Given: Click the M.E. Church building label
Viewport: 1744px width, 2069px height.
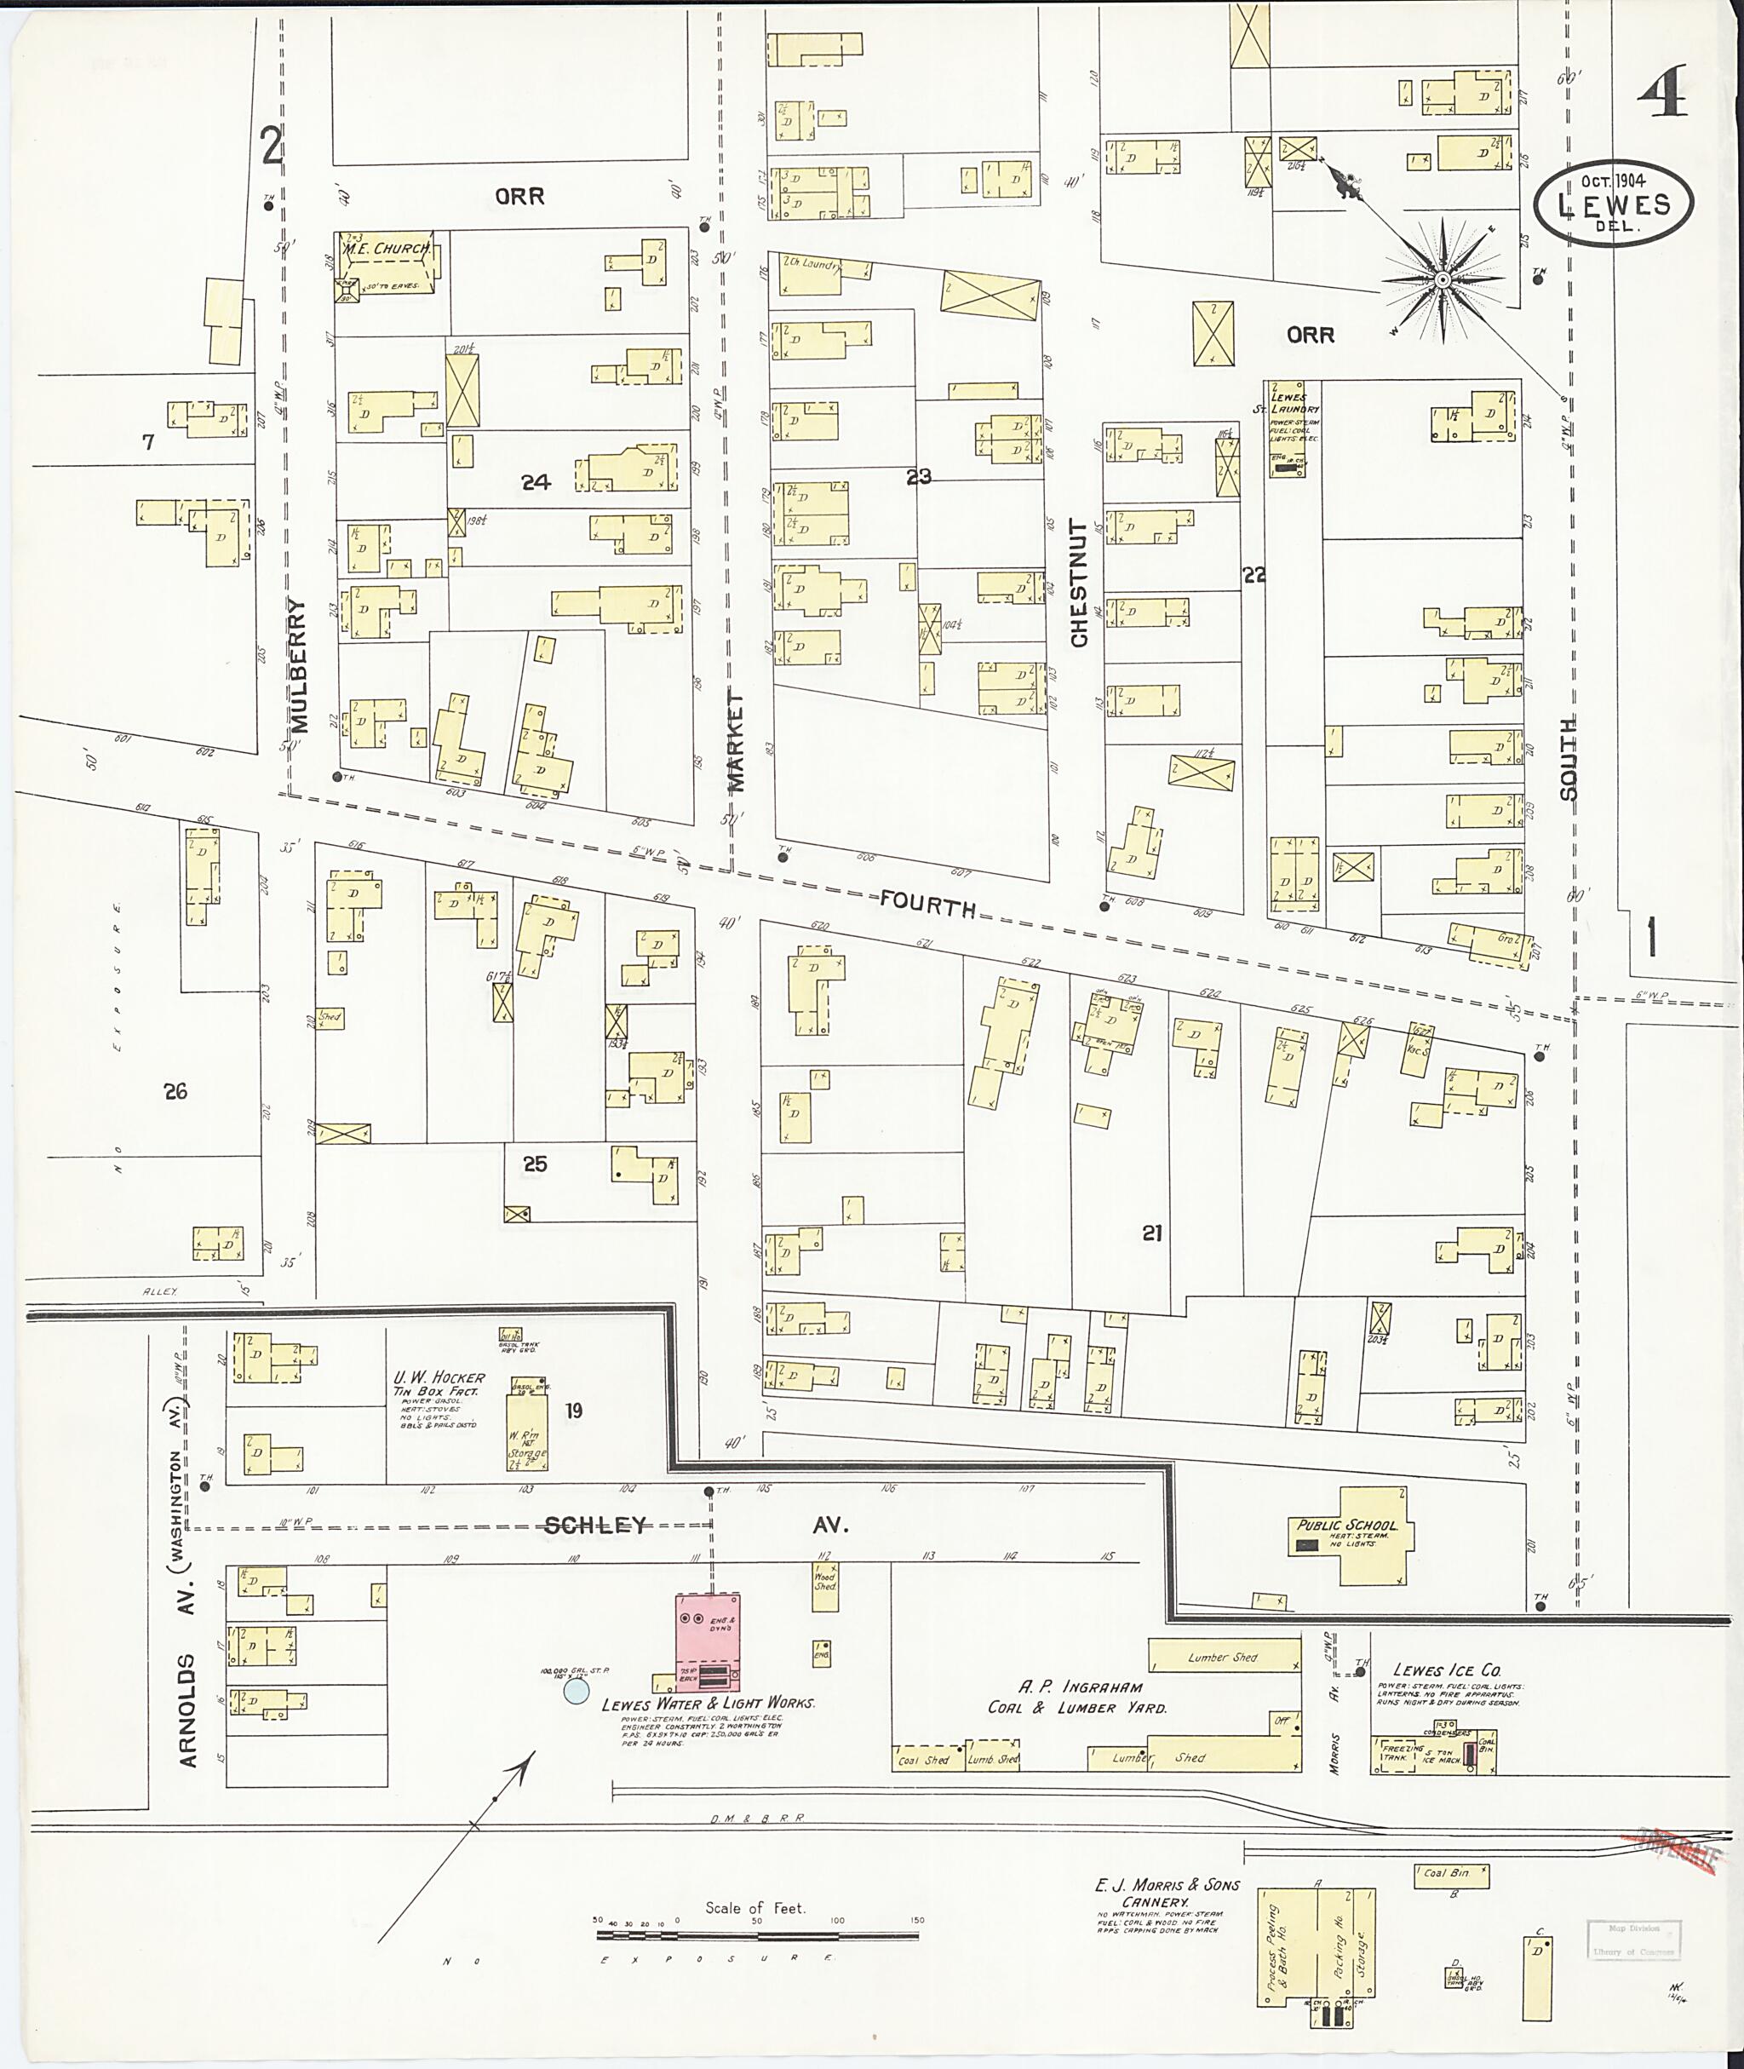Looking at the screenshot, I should tap(387, 250).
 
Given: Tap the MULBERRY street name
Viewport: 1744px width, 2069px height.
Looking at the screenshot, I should tap(301, 664).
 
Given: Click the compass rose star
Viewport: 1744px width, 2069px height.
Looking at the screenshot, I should tap(1443, 281).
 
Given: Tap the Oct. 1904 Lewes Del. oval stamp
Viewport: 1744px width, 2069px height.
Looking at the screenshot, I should tap(1614, 203).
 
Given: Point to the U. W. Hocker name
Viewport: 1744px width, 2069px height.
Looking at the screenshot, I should tap(439, 1377).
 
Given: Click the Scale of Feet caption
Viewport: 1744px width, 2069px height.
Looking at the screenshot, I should tap(754, 1908).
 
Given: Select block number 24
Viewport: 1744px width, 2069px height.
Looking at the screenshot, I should tap(536, 483).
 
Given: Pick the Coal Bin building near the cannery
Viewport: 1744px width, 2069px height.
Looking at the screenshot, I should tap(1450, 1873).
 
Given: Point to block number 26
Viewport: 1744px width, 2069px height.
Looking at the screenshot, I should tap(176, 1092).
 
